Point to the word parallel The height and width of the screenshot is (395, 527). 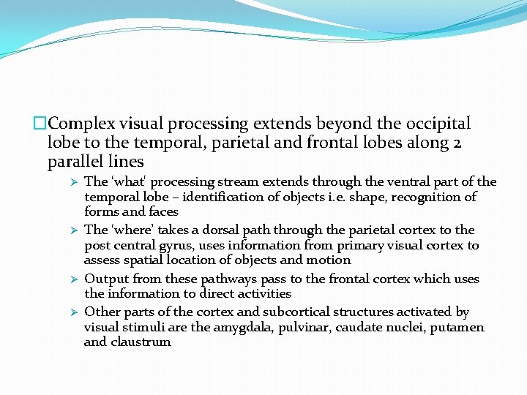pyautogui.click(x=77, y=161)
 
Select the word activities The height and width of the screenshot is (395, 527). pyautogui.click(x=266, y=293)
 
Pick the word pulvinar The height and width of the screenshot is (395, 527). pyautogui.click(x=304, y=327)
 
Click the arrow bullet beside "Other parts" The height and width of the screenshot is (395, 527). pyautogui.click(x=73, y=312)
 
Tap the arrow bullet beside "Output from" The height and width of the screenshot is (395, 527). pyautogui.click(x=73, y=279)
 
